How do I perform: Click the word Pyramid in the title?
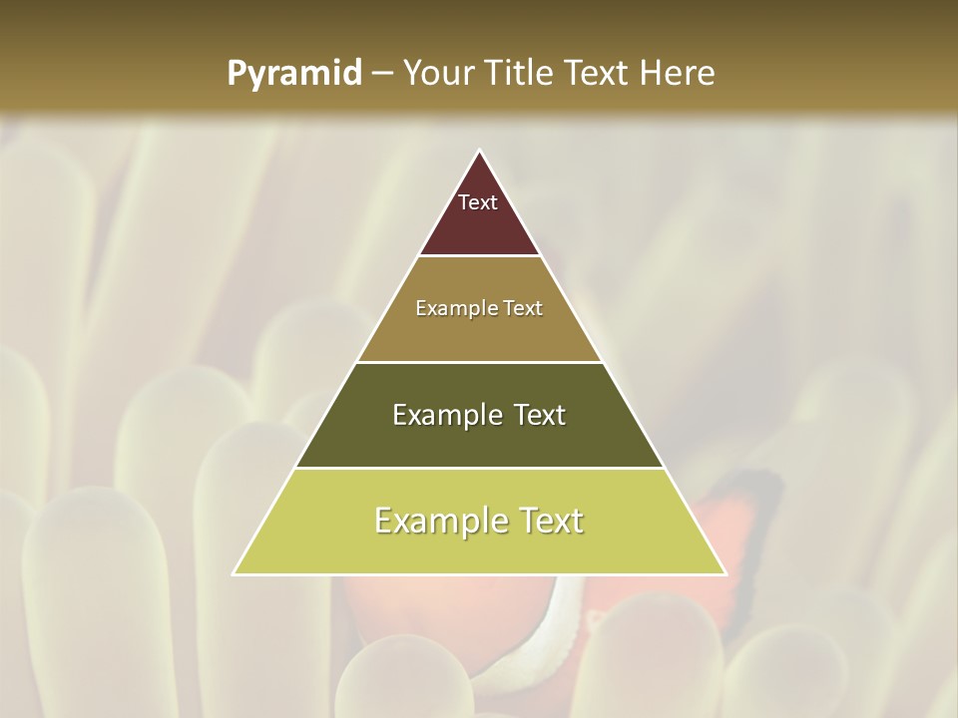pyautogui.click(x=294, y=74)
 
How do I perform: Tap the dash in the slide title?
pyautogui.click(x=382, y=74)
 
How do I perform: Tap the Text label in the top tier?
pyautogui.click(x=478, y=202)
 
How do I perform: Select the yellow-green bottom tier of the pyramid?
pyautogui.click(x=479, y=548)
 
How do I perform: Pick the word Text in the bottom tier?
pyautogui.click(x=547, y=521)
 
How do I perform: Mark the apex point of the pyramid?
pyautogui.click(x=479, y=152)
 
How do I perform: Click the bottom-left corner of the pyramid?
pyautogui.click(x=235, y=573)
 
